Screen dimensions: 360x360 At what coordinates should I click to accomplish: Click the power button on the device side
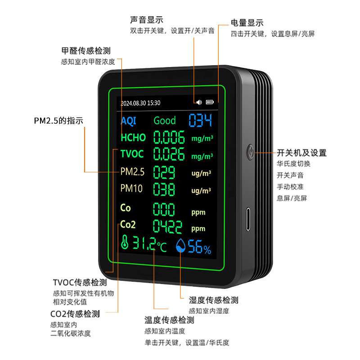click(250, 150)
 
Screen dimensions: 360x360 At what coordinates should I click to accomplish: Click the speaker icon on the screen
click(199, 102)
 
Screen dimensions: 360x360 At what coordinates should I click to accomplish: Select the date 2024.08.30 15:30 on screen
click(140, 103)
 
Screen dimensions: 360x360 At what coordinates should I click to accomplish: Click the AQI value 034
click(200, 121)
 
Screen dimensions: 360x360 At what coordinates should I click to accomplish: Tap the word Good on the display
click(165, 121)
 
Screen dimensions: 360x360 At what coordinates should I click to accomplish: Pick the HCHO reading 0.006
click(169, 137)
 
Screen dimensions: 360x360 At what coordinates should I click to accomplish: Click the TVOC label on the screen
click(132, 154)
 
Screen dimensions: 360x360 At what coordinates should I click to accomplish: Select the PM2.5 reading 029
click(165, 172)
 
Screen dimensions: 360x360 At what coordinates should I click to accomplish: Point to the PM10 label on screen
click(131, 189)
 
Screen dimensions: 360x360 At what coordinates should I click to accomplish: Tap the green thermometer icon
click(125, 243)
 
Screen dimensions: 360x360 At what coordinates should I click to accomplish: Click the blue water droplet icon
click(181, 246)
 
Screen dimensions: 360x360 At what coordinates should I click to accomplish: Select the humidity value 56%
click(199, 247)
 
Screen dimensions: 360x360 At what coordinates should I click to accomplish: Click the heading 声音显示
click(146, 20)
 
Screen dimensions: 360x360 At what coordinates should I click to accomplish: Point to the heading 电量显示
click(247, 23)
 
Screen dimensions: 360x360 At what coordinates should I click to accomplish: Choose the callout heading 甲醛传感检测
click(85, 50)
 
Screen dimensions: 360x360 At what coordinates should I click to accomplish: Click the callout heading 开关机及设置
click(301, 153)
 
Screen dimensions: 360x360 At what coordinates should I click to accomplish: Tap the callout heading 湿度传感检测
click(213, 300)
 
